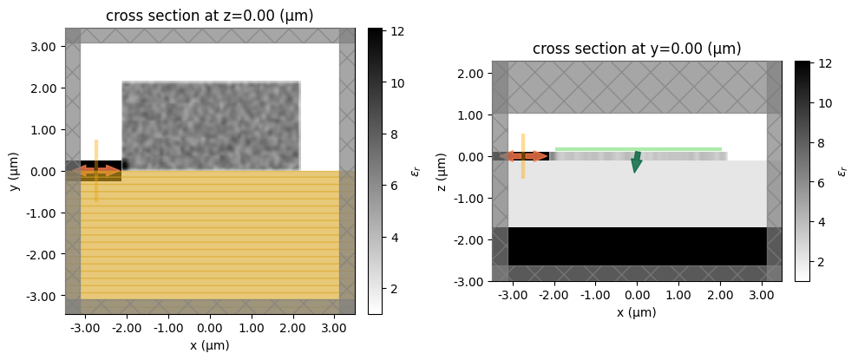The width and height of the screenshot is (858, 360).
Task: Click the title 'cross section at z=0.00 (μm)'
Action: [x=209, y=16]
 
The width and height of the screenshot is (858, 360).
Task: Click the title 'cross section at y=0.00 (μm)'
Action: [x=637, y=49]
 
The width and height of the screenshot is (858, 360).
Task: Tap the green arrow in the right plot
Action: [x=636, y=161]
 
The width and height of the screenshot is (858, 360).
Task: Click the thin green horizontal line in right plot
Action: [x=638, y=149]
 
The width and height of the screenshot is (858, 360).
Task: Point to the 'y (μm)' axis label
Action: [x=15, y=171]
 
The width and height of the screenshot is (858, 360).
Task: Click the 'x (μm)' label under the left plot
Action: [x=209, y=345]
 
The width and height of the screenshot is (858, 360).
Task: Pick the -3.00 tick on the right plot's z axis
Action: [x=469, y=281]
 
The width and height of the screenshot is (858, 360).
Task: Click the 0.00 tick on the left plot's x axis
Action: [x=209, y=327]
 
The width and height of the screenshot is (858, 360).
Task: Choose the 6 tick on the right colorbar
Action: [x=825, y=184]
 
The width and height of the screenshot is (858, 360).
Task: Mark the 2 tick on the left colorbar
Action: [x=398, y=288]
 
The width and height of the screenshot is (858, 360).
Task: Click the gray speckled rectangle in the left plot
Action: [x=211, y=126]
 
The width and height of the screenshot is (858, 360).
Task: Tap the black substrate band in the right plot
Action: [x=638, y=246]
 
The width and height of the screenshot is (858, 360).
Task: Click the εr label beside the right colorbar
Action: [x=842, y=171]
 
